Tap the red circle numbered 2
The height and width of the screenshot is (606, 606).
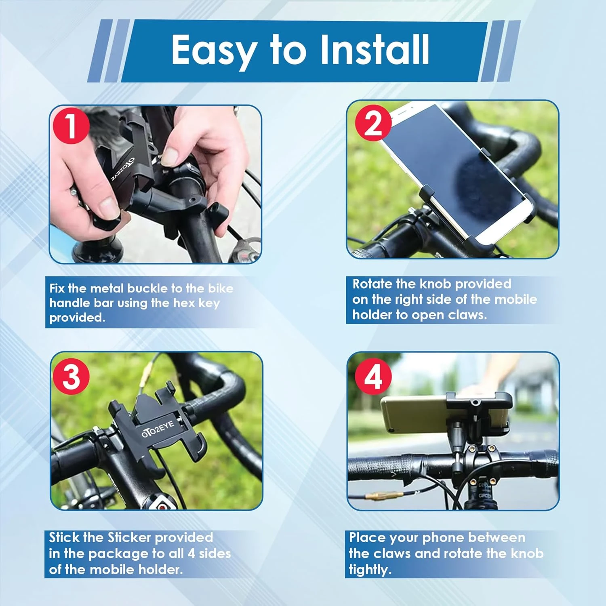[373, 123]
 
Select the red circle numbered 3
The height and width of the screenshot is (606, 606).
[71, 377]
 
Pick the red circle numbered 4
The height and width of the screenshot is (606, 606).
[373, 377]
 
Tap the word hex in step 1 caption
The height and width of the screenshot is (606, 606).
[184, 303]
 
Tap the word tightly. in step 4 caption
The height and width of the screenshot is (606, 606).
[370, 570]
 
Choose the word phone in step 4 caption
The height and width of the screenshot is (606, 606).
[443, 538]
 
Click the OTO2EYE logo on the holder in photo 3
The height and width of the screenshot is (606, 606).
[158, 429]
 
